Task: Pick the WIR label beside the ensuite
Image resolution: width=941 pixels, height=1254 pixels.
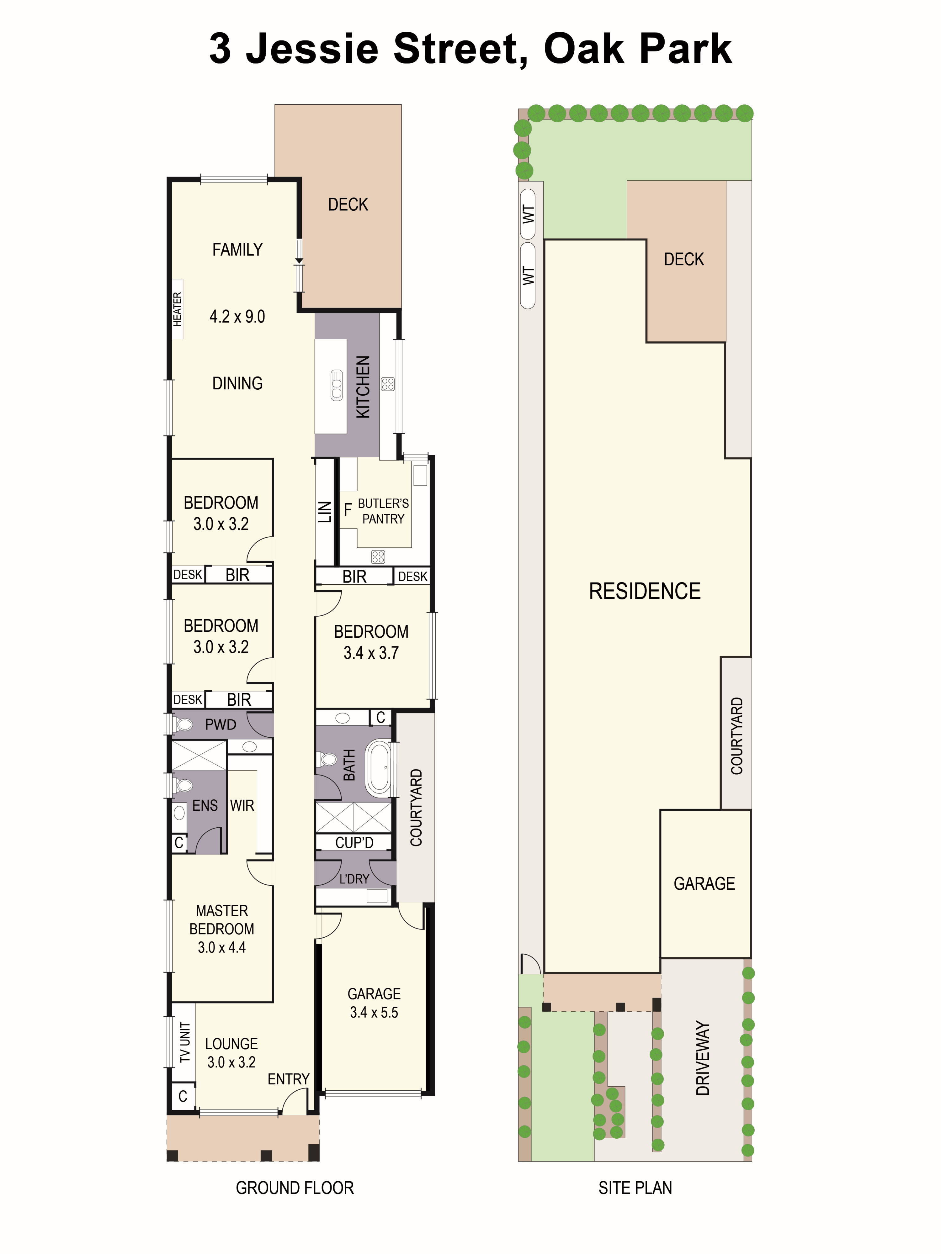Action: pyautogui.click(x=242, y=806)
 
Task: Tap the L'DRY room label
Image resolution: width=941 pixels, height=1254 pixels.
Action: pyautogui.click(x=354, y=879)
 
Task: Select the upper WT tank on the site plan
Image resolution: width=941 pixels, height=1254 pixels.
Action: pyautogui.click(x=528, y=214)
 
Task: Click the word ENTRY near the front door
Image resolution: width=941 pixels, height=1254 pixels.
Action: pyautogui.click(x=288, y=1079)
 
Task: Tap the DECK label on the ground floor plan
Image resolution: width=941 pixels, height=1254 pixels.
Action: pyautogui.click(x=348, y=205)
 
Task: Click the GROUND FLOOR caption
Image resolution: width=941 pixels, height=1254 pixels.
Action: pyautogui.click(x=295, y=1188)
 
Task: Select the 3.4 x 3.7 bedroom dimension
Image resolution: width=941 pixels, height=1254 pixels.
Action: pyautogui.click(x=371, y=653)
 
